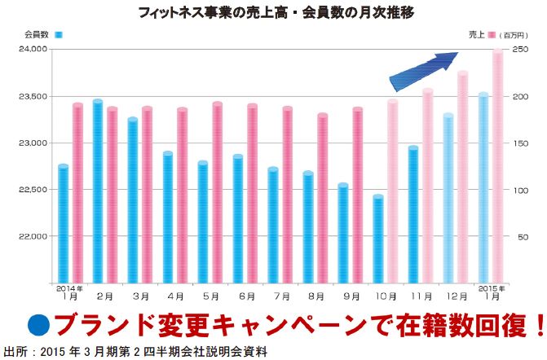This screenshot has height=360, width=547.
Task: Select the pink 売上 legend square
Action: point(492,35)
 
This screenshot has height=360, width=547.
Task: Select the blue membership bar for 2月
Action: point(98,191)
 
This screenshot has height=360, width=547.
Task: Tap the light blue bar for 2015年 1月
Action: point(483,188)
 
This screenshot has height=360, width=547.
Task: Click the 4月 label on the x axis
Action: point(176,296)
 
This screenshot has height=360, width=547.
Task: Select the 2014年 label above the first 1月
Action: point(68,288)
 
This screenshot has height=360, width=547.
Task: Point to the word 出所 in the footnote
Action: point(14,350)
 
